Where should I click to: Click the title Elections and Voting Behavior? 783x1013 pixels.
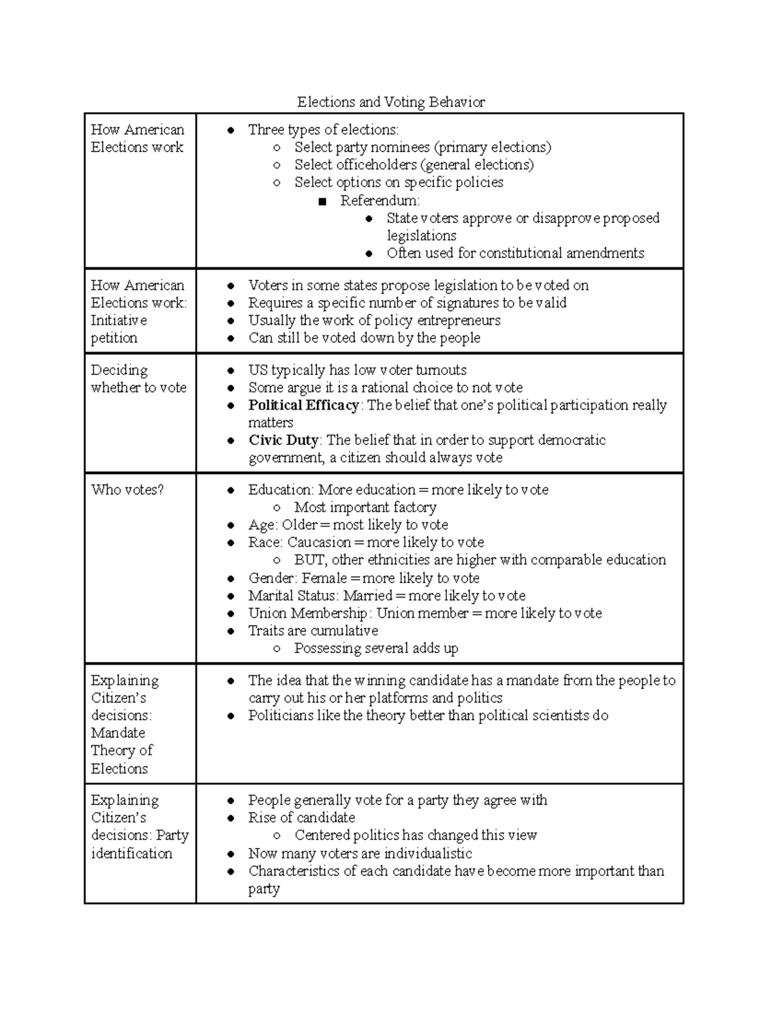pos(391,102)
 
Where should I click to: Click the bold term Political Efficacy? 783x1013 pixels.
pos(303,405)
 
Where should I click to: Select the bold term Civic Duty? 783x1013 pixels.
pos(283,440)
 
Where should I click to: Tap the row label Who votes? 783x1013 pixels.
pos(127,490)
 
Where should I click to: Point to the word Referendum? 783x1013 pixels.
pos(379,200)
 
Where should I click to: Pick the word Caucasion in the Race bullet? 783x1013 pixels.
pos(319,543)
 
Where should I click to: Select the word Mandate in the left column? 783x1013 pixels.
pos(118,733)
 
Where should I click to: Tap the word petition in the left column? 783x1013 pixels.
pos(114,338)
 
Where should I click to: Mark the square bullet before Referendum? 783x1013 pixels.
pos(322,202)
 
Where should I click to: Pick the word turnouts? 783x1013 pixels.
pos(441,370)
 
